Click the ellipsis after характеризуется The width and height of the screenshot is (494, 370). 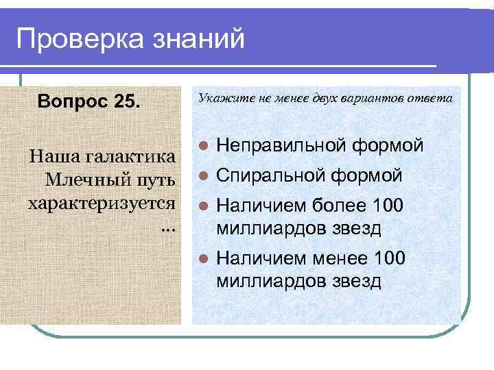pyautogui.click(x=168, y=227)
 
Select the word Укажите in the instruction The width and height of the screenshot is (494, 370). pyautogui.click(x=220, y=98)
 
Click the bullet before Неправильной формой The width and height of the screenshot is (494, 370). pyautogui.click(x=202, y=146)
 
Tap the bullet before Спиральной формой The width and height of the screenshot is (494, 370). pyautogui.click(x=202, y=176)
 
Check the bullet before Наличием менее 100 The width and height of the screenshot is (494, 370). pyautogui.click(x=202, y=259)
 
